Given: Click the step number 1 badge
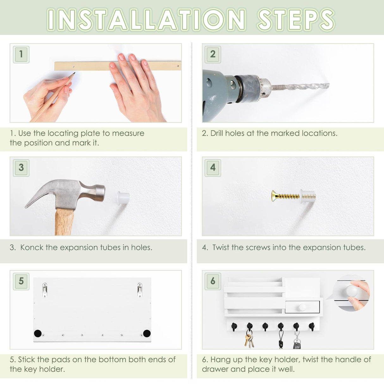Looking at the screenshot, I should pyautogui.click(x=21, y=54).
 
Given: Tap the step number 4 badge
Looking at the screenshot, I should pyautogui.click(x=213, y=168).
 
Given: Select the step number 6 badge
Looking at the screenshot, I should pyautogui.click(x=213, y=281).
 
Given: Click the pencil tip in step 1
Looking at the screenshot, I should pyautogui.click(x=74, y=74).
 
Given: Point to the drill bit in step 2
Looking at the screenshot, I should pyautogui.click(x=300, y=86).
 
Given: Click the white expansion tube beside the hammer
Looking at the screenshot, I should pyautogui.click(x=123, y=198).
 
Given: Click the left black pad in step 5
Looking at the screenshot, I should pyautogui.click(x=38, y=333).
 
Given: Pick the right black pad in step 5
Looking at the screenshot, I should pyautogui.click(x=147, y=333).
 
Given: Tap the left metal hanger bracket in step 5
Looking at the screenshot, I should pyautogui.click(x=45, y=290).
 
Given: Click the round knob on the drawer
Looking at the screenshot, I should pyautogui.click(x=302, y=307).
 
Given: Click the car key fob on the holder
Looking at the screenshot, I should pyautogui.click(x=296, y=344).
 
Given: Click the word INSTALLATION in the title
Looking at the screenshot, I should pyautogui.click(x=146, y=20).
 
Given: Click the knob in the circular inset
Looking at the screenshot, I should pyautogui.click(x=352, y=290).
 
